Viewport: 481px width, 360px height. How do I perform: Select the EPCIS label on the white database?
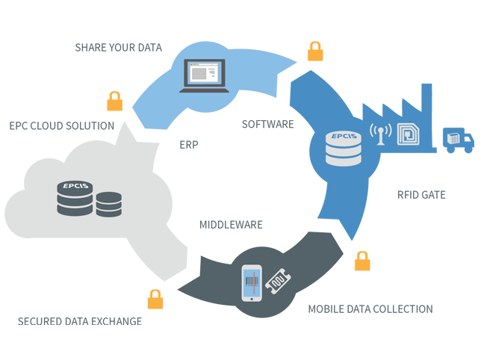(343, 136)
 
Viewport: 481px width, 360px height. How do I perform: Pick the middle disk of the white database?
(343, 149)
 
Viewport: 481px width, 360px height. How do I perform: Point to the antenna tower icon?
(380, 135)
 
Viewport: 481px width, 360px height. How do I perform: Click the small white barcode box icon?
(453, 138)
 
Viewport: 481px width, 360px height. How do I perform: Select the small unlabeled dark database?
(109, 204)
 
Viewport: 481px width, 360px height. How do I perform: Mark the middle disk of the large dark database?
(75, 198)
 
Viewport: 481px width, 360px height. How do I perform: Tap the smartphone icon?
(252, 283)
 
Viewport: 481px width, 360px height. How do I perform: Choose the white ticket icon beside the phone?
(278, 282)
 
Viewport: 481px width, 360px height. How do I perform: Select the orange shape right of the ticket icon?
(377, 261)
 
